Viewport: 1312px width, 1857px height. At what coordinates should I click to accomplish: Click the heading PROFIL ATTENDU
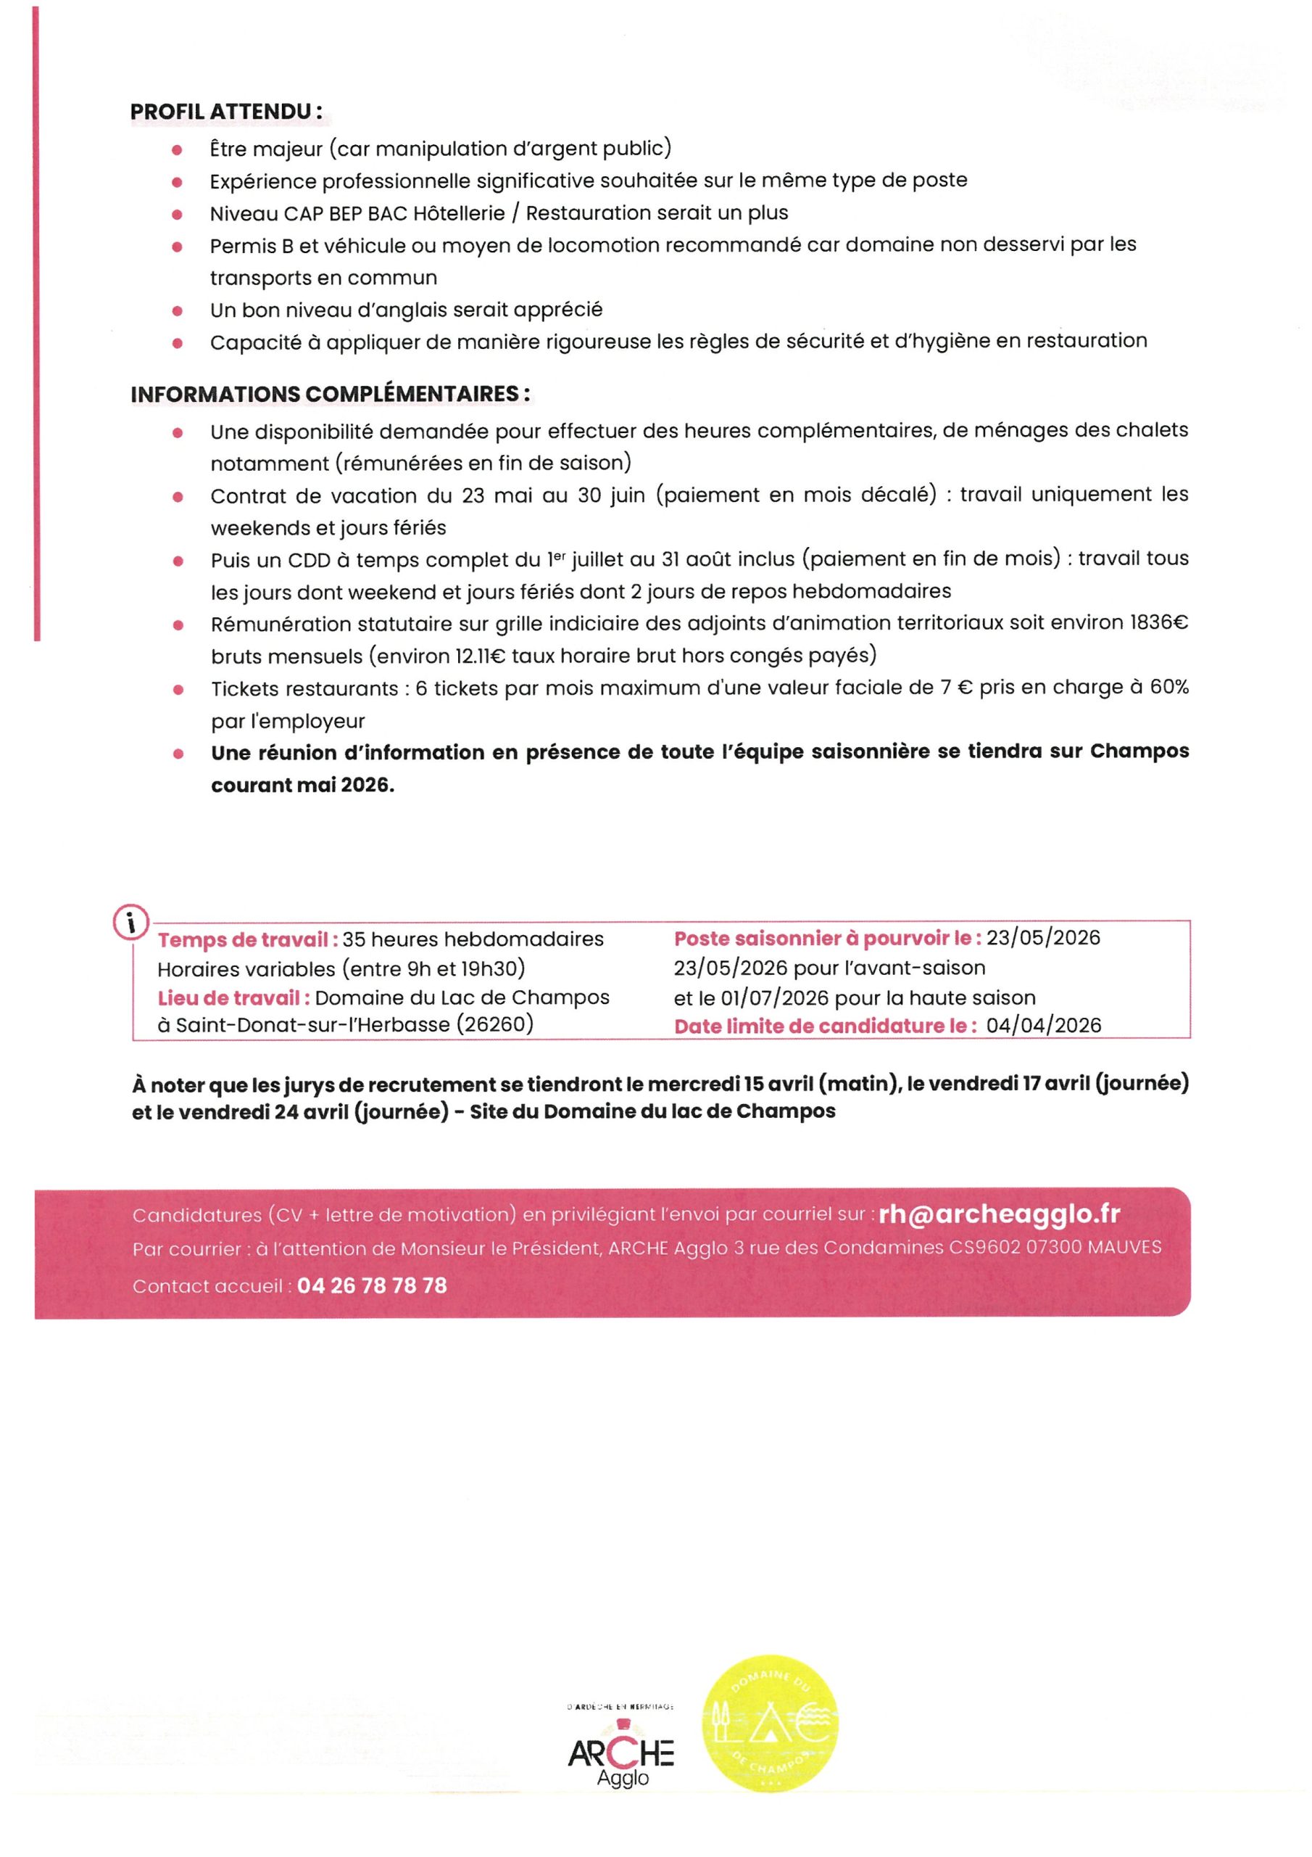pyautogui.click(x=225, y=112)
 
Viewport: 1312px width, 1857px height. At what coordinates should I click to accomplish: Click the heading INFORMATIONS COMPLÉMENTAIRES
pyautogui.click(x=330, y=394)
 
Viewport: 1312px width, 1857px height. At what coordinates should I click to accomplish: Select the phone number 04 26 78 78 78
pyautogui.click(x=372, y=1285)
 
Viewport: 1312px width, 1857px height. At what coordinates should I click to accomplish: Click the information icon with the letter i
pyautogui.click(x=131, y=922)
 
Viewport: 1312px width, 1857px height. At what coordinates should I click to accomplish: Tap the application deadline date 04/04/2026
pyautogui.click(x=1044, y=1026)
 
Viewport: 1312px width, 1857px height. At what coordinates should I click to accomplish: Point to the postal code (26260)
pyautogui.click(x=495, y=1025)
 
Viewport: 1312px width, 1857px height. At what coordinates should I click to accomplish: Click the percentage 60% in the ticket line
pyautogui.click(x=1169, y=688)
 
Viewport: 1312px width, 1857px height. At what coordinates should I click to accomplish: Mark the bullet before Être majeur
pyautogui.click(x=177, y=150)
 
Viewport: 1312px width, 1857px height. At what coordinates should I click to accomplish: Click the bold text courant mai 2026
pyautogui.click(x=302, y=786)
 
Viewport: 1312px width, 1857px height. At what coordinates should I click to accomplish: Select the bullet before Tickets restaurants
pyautogui.click(x=178, y=690)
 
